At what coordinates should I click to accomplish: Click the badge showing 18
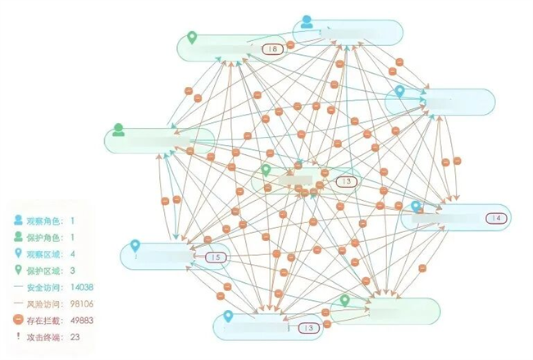point(271,50)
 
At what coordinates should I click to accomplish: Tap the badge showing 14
point(497,218)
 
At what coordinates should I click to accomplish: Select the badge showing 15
point(216,257)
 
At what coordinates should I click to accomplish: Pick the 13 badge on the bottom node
point(307,328)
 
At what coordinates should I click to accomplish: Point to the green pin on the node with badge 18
point(192,38)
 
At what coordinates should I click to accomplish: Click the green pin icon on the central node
point(266,171)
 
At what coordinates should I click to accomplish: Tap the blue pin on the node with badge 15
point(135,247)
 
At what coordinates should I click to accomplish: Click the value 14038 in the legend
point(83,287)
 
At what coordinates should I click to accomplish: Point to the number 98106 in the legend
point(83,303)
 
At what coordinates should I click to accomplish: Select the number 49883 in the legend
point(83,320)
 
